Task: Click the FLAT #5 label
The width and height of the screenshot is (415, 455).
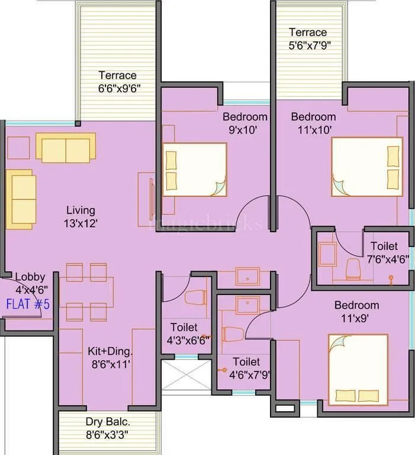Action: coord(28,305)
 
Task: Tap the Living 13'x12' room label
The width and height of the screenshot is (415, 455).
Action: coord(81,217)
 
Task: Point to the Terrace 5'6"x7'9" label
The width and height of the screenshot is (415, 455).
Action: coord(308,38)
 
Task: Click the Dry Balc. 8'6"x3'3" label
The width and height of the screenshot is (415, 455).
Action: coord(108,428)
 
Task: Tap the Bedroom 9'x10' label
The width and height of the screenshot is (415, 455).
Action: coord(245,123)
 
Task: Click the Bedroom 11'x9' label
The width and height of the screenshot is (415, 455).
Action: coord(356,312)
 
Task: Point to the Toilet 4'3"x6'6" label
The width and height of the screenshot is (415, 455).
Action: coord(184,334)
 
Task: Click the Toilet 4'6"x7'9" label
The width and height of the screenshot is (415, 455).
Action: coord(246,367)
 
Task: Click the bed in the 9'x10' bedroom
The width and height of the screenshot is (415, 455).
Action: coord(195,169)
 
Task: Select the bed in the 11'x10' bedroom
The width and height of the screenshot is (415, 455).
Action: coord(367,166)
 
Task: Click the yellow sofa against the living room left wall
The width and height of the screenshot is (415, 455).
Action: coord(21,199)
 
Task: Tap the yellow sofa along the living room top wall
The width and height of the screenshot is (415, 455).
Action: coord(65,147)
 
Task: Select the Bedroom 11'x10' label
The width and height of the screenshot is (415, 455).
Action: coord(313,123)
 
